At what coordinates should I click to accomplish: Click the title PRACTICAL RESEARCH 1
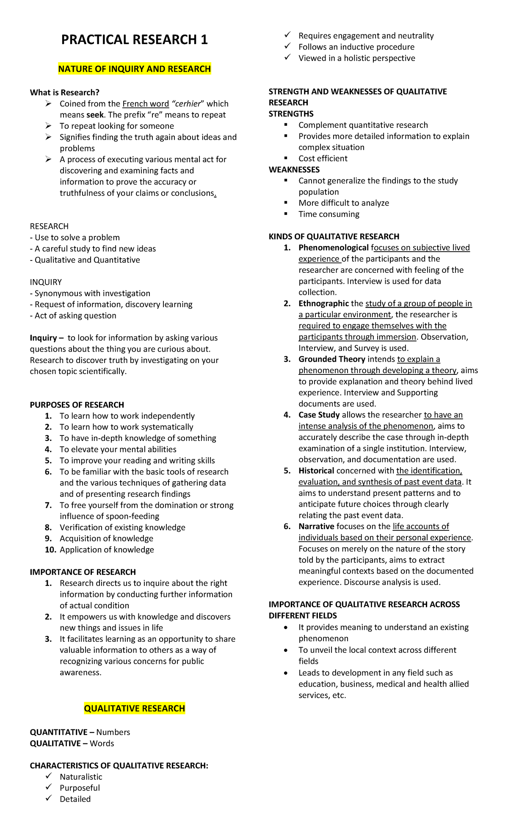pos(134,39)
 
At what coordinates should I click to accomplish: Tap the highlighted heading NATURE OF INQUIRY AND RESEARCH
pos(134,69)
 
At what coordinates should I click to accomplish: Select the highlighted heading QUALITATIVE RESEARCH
pos(134,708)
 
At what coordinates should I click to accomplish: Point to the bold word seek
pos(95,115)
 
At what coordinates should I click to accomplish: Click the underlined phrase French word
pos(146,104)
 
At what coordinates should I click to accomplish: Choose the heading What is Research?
pos(64,92)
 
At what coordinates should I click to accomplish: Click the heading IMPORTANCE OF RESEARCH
pos(83,572)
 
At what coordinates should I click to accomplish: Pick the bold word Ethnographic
pos(323,303)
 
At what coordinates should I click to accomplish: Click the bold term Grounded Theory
pos(331,359)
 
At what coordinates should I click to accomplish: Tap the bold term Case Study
pos(319,415)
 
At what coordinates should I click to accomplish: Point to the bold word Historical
pos(316,471)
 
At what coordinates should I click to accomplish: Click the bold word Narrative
pos(316,526)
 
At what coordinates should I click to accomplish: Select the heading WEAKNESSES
pos(294,169)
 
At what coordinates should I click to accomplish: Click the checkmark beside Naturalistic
pos(49,776)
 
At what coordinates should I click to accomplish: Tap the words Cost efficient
pos(323,158)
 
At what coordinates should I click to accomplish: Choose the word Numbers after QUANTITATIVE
pos(113,732)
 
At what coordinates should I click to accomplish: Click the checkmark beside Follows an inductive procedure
pos(288,46)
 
